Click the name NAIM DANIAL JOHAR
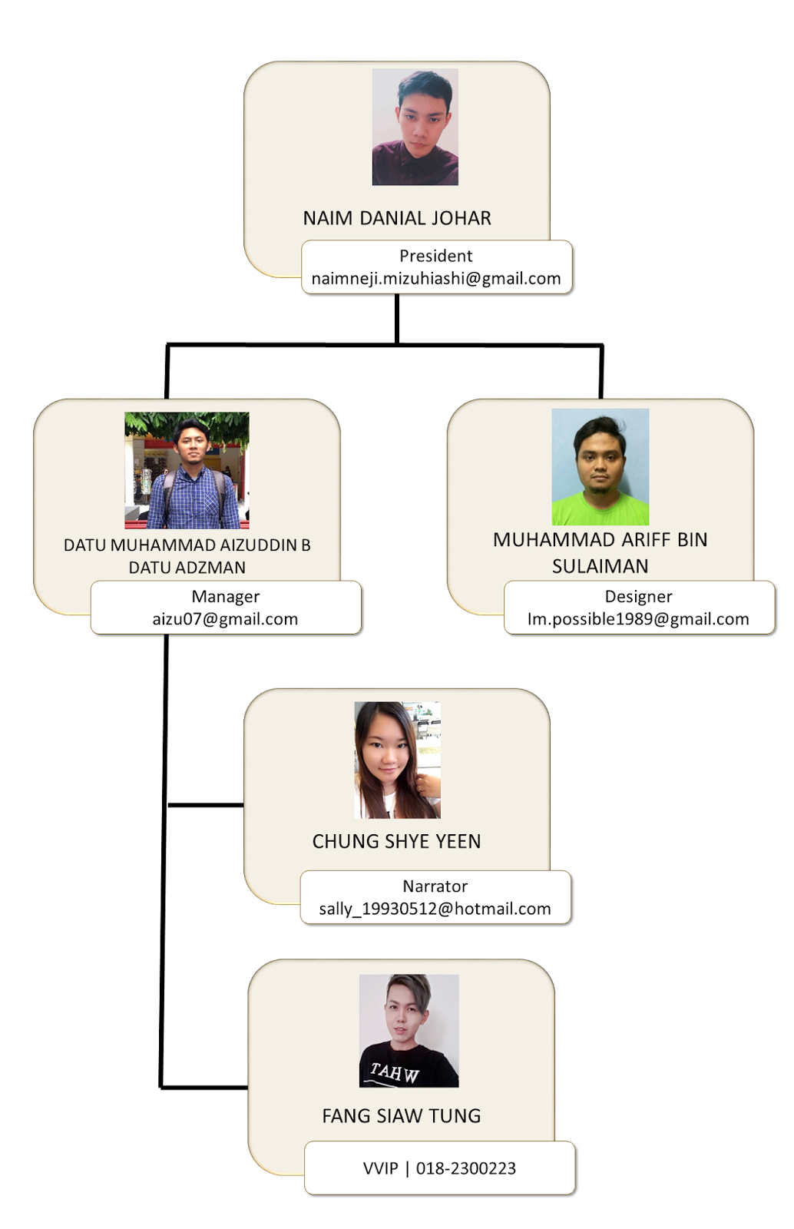click(396, 218)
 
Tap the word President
click(435, 256)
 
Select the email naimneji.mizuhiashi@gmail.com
click(435, 278)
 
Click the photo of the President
click(415, 127)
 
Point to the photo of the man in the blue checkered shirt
click(187, 470)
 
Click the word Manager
click(225, 596)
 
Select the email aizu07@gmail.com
click(225, 619)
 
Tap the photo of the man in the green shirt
click(600, 466)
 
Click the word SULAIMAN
click(600, 566)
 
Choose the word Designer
click(638, 596)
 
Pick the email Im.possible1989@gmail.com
click(638, 619)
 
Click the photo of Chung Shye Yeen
click(397, 760)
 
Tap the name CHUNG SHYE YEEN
click(396, 841)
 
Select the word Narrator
click(435, 886)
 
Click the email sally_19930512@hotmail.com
click(435, 909)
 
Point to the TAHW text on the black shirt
click(395, 1072)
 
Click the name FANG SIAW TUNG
click(401, 1115)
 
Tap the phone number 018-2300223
click(465, 1168)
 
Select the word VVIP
click(380, 1168)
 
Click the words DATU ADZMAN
click(187, 568)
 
